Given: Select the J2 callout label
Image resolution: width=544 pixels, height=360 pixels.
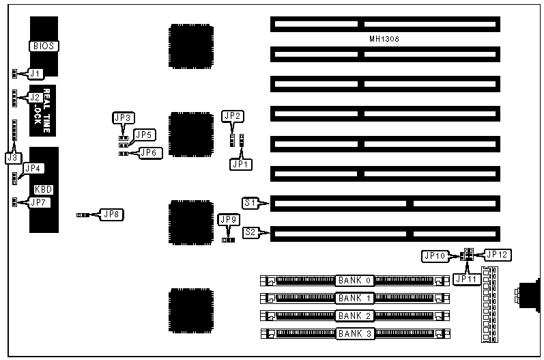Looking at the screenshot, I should click(x=35, y=97).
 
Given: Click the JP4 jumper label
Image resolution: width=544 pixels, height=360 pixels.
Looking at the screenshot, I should click(x=33, y=169).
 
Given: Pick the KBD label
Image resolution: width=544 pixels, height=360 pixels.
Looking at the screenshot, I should click(x=44, y=189).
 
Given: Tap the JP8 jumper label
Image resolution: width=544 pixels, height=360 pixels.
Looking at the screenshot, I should click(x=112, y=214).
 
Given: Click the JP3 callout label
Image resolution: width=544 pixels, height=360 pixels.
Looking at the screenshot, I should click(x=123, y=118).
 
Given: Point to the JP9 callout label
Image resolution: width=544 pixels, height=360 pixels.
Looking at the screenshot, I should click(x=229, y=220).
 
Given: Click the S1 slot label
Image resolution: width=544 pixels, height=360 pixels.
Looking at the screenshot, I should click(x=250, y=202).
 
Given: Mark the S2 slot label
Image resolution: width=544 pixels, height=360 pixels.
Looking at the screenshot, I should click(x=250, y=232).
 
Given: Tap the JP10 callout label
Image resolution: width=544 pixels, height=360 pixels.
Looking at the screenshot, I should click(x=435, y=255).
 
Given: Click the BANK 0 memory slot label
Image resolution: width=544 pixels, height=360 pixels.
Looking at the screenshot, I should click(x=355, y=280).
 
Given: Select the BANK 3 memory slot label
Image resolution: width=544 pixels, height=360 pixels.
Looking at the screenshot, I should click(x=355, y=334).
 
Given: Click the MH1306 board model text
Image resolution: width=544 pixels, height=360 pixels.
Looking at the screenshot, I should click(x=384, y=40).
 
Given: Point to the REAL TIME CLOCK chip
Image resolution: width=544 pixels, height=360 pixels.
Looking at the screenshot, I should click(x=46, y=110).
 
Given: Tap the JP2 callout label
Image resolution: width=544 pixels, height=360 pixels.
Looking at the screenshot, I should click(x=233, y=116).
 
